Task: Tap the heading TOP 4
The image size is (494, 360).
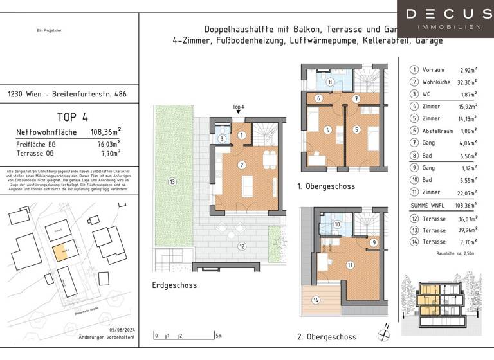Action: click(x=72, y=117)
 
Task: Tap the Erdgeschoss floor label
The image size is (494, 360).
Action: click(x=175, y=285)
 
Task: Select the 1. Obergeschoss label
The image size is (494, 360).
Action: click(x=326, y=186)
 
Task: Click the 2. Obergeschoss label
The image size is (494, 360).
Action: click(x=326, y=337)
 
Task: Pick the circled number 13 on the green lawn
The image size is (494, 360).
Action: click(x=171, y=182)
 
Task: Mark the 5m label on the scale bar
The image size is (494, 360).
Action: click(x=219, y=336)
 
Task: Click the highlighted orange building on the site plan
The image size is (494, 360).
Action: click(x=60, y=253)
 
